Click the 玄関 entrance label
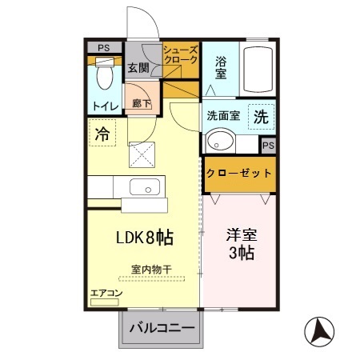tap(136, 67)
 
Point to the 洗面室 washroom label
tap(223, 114)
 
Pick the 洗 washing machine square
tap(260, 115)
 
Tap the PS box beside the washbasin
tap(269, 145)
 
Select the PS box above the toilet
tap(102, 47)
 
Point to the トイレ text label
tap(105, 106)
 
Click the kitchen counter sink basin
tap(145, 190)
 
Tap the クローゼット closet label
tap(239, 174)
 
